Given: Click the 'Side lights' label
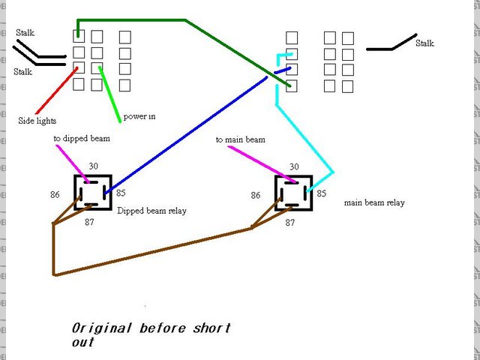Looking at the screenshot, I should coord(37,120).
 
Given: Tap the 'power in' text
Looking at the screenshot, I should coord(139,117).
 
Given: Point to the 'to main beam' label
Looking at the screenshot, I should coord(240,139).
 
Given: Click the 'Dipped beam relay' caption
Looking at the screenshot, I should coord(151,211).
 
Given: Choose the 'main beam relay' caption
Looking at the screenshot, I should coord(374,202).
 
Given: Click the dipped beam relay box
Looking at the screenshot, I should coord(93,193).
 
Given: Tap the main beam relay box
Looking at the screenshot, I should coord(294,193).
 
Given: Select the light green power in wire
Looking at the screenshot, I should coord(110,94).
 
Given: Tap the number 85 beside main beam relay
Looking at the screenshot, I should coord(321,193).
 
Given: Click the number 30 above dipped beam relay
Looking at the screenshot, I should coord(94,166).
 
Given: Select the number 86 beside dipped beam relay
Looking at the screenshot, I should coord(55,194).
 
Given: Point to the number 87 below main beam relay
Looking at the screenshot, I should coord(289,223).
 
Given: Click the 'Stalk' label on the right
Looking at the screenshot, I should coord(424,43).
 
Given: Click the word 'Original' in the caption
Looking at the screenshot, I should coord(100,328).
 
